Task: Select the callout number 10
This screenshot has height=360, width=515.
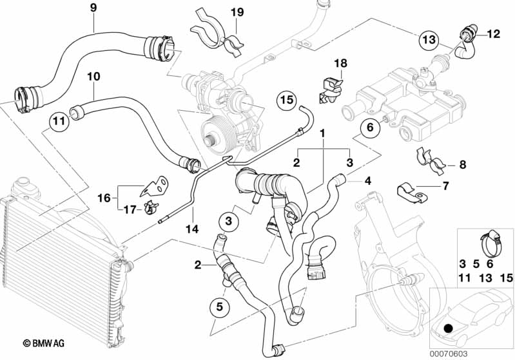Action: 93,76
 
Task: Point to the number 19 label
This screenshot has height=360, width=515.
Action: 237,12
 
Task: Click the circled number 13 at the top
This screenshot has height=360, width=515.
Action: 429,39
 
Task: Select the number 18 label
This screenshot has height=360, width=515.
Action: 341,63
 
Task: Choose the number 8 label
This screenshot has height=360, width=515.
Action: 462,166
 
